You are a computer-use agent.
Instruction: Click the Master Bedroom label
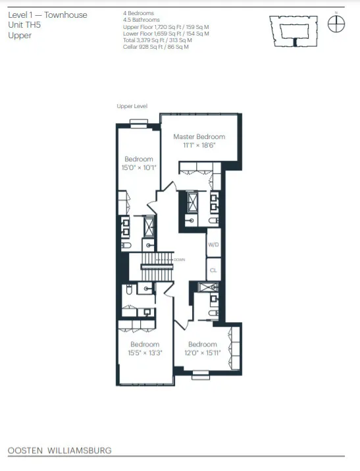(x=199, y=137)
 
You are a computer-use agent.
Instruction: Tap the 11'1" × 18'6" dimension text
(x=199, y=146)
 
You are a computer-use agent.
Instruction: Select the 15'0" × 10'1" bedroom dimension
(x=139, y=167)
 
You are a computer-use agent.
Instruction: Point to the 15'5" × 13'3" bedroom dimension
(x=145, y=352)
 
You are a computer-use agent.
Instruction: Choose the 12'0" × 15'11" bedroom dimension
(x=202, y=352)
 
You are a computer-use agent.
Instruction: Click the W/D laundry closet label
(x=213, y=245)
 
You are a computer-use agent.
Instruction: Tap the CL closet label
(x=213, y=270)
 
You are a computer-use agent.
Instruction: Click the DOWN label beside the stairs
(x=179, y=260)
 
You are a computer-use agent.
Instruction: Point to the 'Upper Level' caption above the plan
(x=132, y=106)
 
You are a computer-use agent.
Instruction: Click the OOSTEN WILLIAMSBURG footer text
(x=59, y=451)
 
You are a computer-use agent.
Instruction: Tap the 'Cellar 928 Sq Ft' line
(x=155, y=47)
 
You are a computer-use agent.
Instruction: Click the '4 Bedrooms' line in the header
(x=138, y=13)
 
